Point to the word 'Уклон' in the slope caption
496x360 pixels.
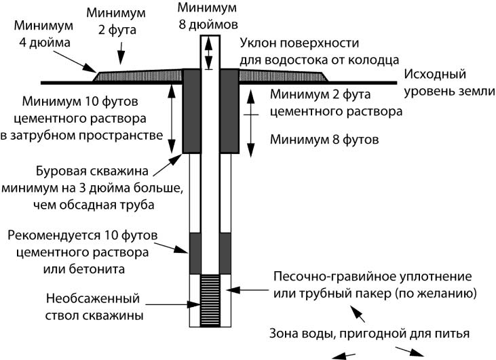257,43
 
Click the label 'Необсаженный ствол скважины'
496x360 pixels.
95,306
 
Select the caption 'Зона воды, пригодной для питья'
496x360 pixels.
369,333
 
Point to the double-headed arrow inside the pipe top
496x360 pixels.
210,52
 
